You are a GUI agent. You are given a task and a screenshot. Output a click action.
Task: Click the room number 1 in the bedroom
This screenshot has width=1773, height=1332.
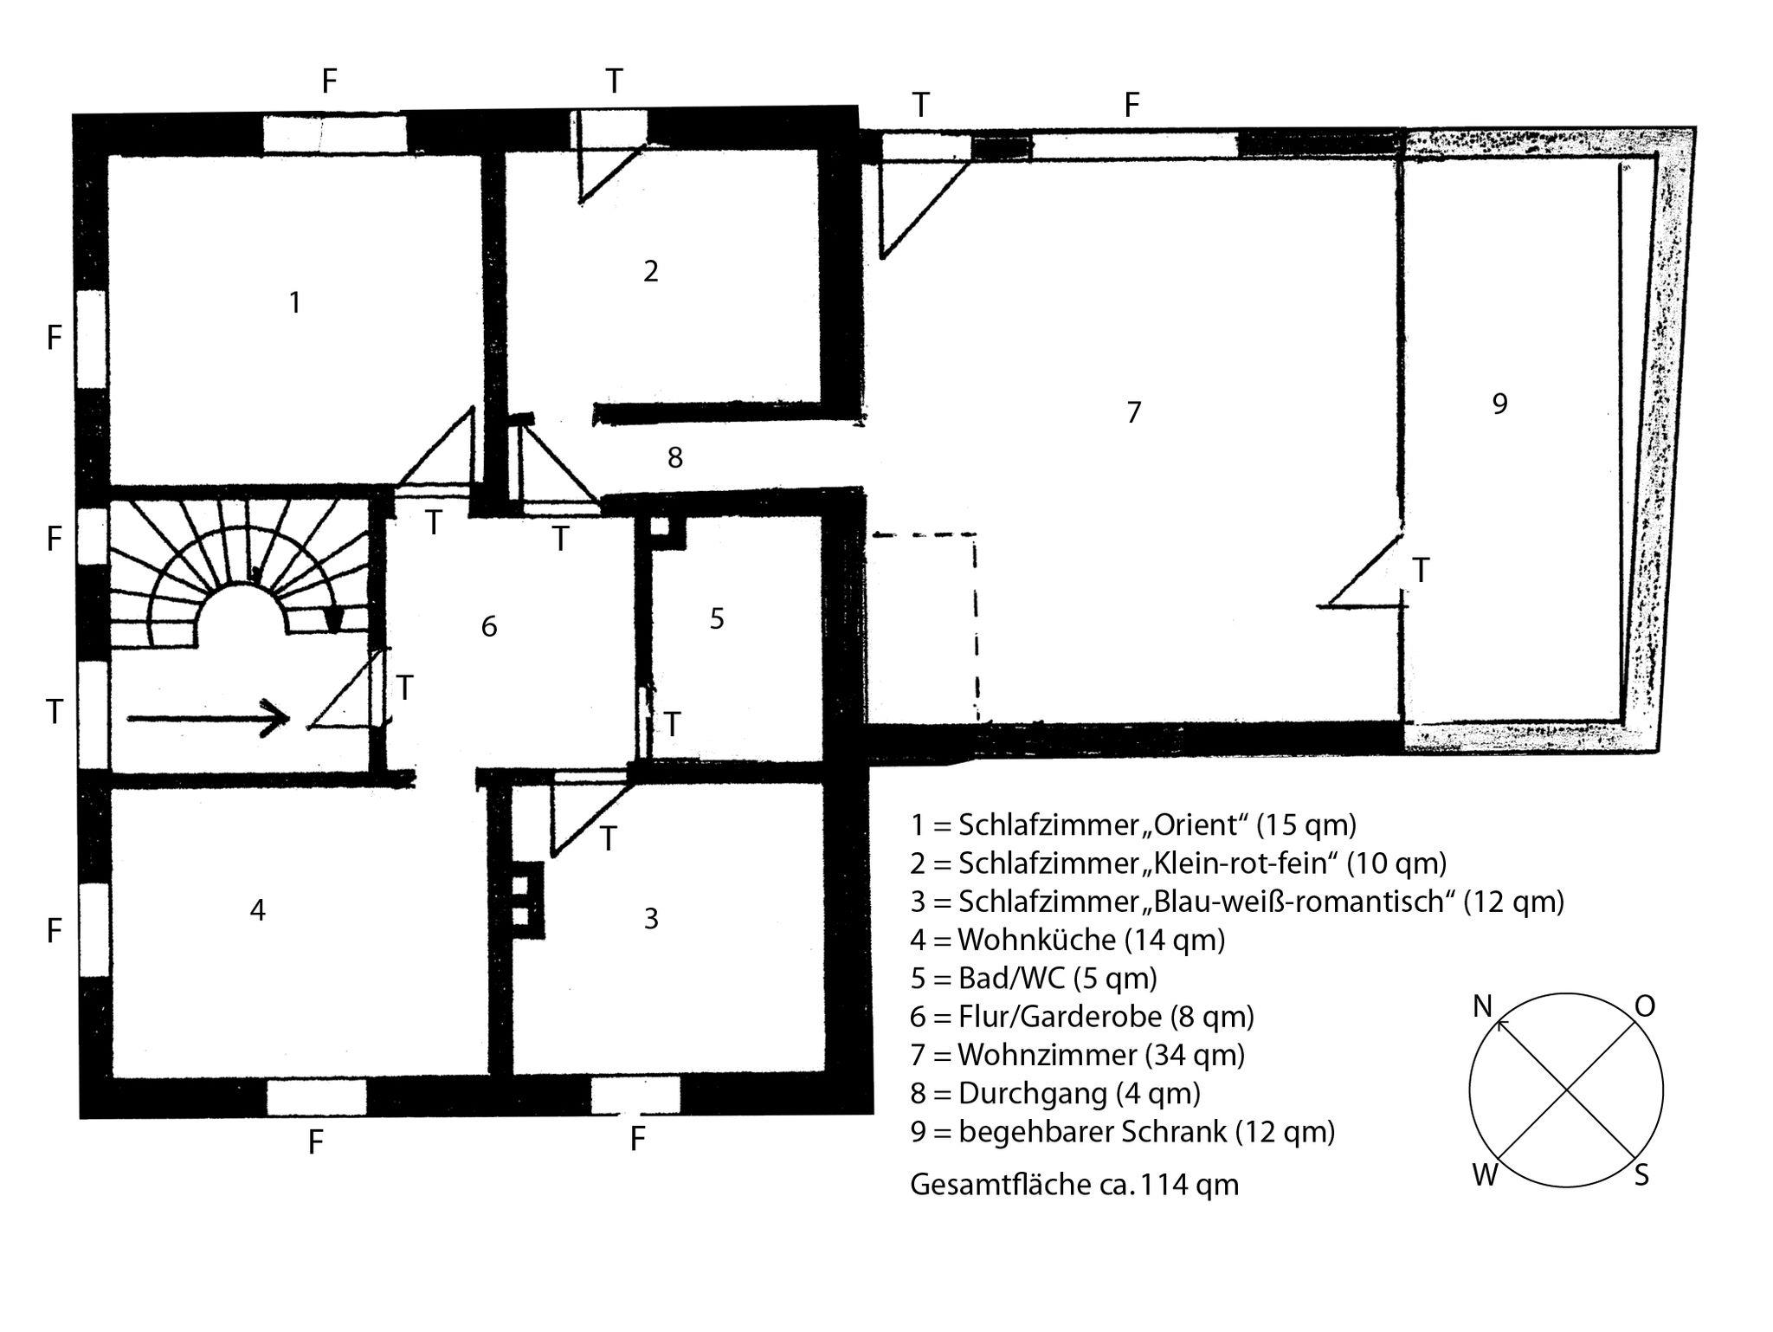pyautogui.click(x=295, y=302)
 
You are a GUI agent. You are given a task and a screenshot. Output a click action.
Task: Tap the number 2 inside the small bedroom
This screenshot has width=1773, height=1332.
pyautogui.click(x=651, y=271)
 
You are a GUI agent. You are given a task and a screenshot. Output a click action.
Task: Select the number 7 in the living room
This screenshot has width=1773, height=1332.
pyautogui.click(x=1134, y=412)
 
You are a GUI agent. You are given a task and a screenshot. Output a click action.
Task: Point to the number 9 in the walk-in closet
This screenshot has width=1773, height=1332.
pyautogui.click(x=1500, y=404)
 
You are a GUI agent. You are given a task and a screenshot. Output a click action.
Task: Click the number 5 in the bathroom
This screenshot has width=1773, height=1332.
pyautogui.click(x=717, y=618)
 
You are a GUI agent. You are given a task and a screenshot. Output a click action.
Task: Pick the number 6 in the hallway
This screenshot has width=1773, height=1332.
pyautogui.click(x=489, y=626)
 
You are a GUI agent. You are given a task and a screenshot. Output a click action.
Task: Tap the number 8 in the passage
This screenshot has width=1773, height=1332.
pyautogui.click(x=675, y=457)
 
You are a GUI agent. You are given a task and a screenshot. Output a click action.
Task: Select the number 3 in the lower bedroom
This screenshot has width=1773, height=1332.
pyautogui.click(x=651, y=918)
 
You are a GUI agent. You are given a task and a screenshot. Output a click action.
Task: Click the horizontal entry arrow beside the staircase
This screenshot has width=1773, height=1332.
pyautogui.click(x=208, y=718)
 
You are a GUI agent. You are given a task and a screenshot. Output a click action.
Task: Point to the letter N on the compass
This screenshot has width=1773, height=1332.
pyautogui.click(x=1483, y=1006)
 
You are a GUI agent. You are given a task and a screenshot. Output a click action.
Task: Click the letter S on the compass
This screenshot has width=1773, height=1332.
pyautogui.click(x=1641, y=1176)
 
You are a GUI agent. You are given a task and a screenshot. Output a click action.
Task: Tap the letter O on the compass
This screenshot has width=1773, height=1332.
pyautogui.click(x=1645, y=1005)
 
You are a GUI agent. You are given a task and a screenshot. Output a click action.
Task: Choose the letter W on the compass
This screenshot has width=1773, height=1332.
pyautogui.click(x=1486, y=1176)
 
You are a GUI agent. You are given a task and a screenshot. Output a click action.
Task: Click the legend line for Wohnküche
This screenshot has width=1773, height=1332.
pyautogui.click(x=1067, y=940)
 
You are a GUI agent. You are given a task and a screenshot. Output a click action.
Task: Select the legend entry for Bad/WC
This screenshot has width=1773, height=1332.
pyautogui.click(x=1034, y=978)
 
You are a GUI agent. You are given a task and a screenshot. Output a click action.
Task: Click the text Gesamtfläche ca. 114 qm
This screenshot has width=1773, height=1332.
pyautogui.click(x=1074, y=1184)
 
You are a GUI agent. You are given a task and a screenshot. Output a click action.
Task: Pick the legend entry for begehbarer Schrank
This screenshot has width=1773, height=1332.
pyautogui.click(x=1123, y=1131)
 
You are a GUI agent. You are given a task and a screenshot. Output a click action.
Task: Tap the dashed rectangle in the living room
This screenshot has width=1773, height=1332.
pyautogui.click(x=923, y=628)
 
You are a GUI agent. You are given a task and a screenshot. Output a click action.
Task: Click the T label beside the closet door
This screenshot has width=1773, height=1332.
pyautogui.click(x=1421, y=570)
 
